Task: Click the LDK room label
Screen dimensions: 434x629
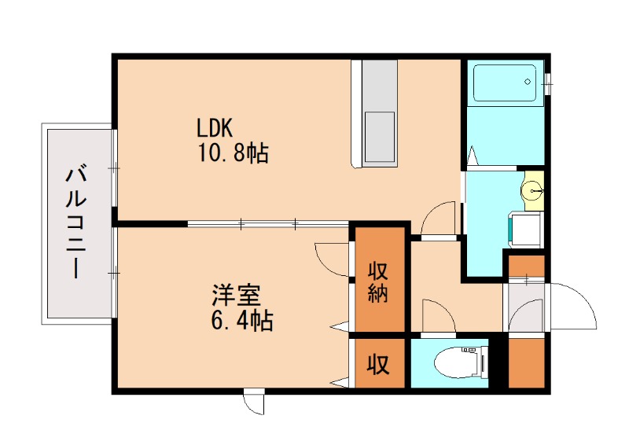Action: pos(213,127)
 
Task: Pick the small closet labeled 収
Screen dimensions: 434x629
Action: pos(378,364)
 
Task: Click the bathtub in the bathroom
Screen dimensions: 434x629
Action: pos(504,81)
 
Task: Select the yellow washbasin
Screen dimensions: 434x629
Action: pos(533,189)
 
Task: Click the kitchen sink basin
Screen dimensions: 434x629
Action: pos(379,135)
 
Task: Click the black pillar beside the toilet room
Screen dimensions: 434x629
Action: pos(496,360)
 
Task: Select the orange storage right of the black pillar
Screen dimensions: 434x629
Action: pos(526,361)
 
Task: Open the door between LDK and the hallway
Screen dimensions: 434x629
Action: pos(437,219)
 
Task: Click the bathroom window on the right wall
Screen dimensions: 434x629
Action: pos(548,80)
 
